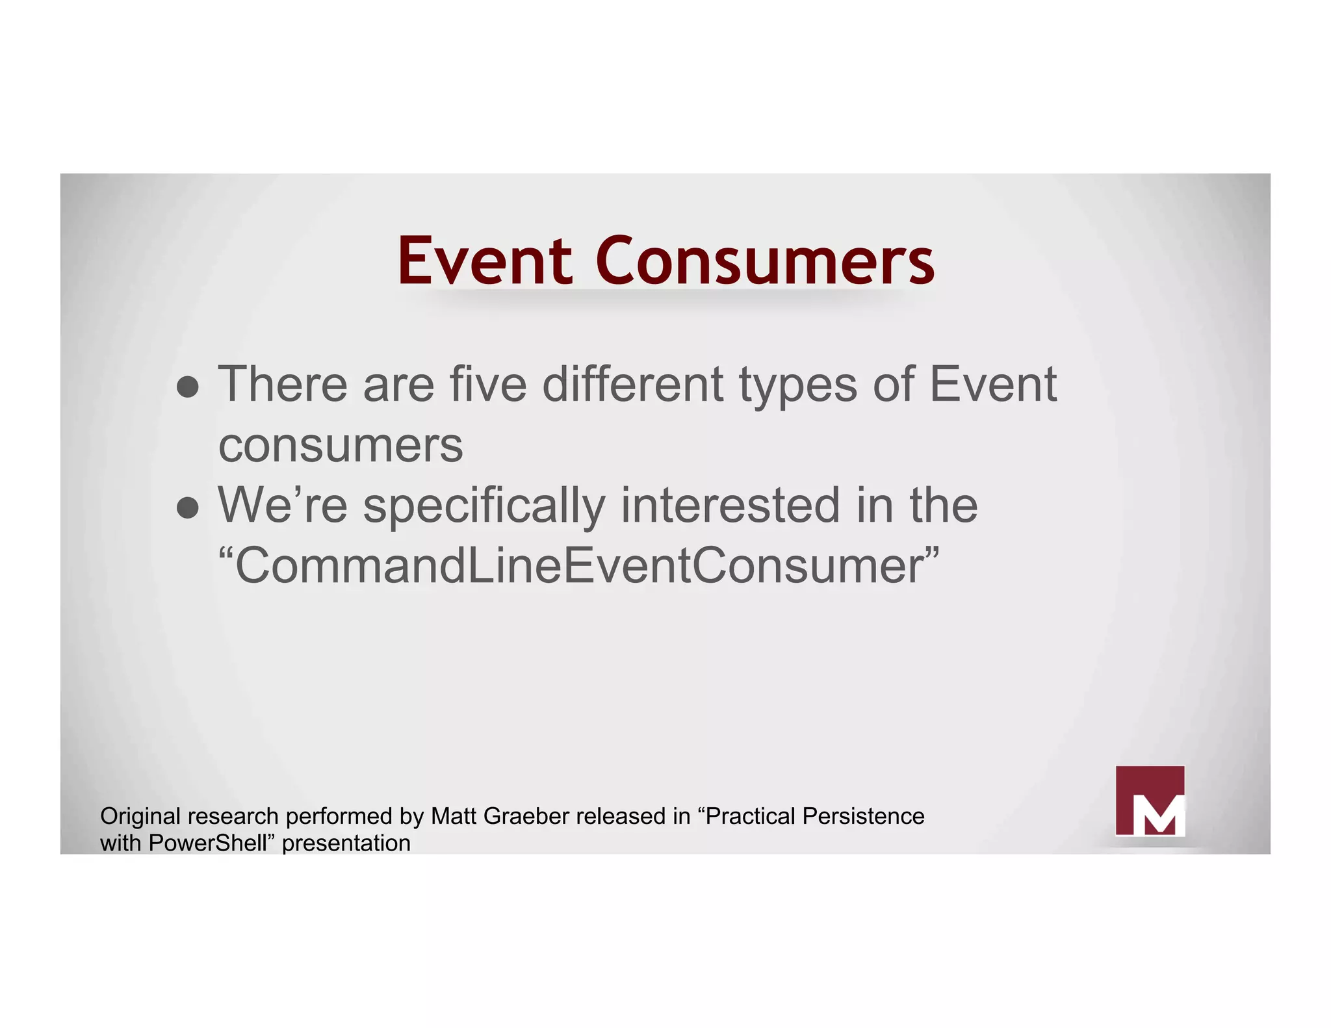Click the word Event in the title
(484, 261)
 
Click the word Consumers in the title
(764, 261)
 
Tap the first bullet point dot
(188, 387)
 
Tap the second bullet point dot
(188, 508)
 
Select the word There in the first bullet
(283, 385)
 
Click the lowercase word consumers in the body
(341, 446)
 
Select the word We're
(283, 506)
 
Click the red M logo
(1150, 801)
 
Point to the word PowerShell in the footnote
(208, 843)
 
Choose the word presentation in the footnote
(346, 843)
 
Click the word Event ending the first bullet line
(992, 385)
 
